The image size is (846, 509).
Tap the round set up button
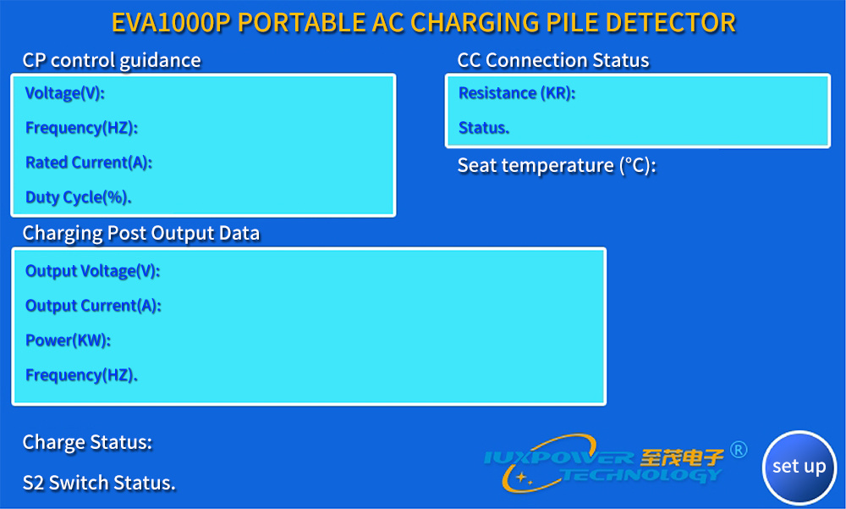(799, 467)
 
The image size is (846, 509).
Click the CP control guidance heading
(112, 60)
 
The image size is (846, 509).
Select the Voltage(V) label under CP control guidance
(65, 93)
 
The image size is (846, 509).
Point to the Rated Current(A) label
(89, 162)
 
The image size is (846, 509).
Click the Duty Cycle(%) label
(78, 197)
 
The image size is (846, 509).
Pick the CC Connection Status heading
(553, 60)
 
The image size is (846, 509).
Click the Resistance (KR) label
(517, 93)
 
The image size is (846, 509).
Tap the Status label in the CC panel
(484, 128)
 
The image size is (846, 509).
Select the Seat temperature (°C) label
(557, 165)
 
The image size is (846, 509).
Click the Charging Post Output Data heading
(141, 233)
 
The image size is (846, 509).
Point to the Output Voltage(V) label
(93, 271)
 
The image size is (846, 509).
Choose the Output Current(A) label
(93, 305)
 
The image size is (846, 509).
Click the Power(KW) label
(68, 340)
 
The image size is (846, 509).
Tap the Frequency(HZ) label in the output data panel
(81, 375)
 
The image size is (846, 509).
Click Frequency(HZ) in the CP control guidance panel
(81, 128)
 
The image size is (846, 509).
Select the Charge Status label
(87, 443)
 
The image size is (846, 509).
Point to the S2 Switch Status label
(99, 483)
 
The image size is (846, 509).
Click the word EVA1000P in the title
(171, 23)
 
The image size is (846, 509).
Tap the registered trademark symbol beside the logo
(739, 450)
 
